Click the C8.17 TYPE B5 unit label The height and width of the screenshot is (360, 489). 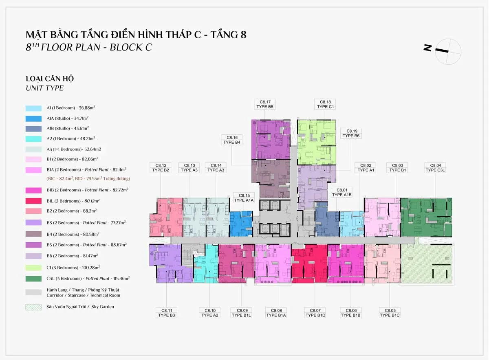[x=265, y=104]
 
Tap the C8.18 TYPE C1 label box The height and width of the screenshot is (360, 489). [x=325, y=104]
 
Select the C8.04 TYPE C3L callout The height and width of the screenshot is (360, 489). [x=435, y=168]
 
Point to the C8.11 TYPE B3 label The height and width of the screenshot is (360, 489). [x=167, y=313]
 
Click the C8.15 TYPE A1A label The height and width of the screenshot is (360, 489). [x=244, y=198]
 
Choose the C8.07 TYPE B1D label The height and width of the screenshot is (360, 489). [x=315, y=313]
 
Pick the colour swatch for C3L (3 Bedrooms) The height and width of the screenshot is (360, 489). [x=33, y=279]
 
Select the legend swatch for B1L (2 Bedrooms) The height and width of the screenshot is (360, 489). [x=33, y=201]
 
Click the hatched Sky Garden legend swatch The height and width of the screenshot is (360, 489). [x=33, y=307]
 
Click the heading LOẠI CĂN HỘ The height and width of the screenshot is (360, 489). [x=50, y=79]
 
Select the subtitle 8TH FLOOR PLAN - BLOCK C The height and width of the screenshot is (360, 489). [x=89, y=47]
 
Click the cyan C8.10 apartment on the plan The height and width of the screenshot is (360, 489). [x=206, y=267]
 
